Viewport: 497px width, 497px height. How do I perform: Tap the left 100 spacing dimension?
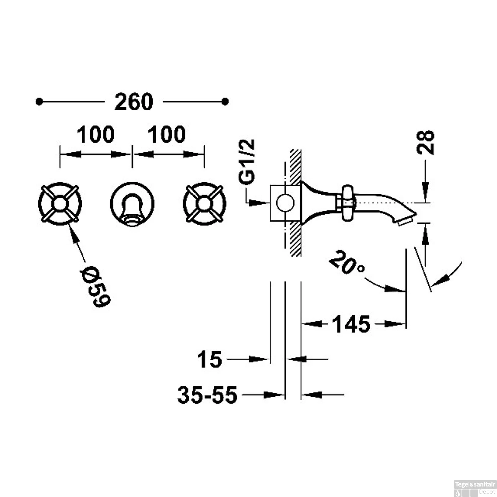pyautogui.click(x=95, y=135)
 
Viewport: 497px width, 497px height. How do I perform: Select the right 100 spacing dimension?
pyautogui.click(x=166, y=135)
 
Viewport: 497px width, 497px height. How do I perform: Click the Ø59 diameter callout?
pyautogui.click(x=95, y=286)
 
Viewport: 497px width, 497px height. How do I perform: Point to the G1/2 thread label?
pyautogui.click(x=247, y=161)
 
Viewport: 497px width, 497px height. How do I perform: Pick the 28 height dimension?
pyautogui.click(x=425, y=142)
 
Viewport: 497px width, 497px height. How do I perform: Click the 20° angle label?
pyautogui.click(x=347, y=263)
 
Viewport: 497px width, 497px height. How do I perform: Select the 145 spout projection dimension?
pyautogui.click(x=352, y=324)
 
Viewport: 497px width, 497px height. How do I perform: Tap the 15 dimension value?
pyautogui.click(x=209, y=359)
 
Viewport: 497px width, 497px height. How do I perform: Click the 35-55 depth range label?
pyautogui.click(x=208, y=395)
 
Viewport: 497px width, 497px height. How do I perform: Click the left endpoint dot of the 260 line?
pyautogui.click(x=39, y=102)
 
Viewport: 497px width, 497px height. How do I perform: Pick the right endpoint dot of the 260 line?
pyautogui.click(x=225, y=102)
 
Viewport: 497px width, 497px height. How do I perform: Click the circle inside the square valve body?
pyautogui.click(x=285, y=203)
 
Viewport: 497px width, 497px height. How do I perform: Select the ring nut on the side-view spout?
pyautogui.click(x=347, y=202)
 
